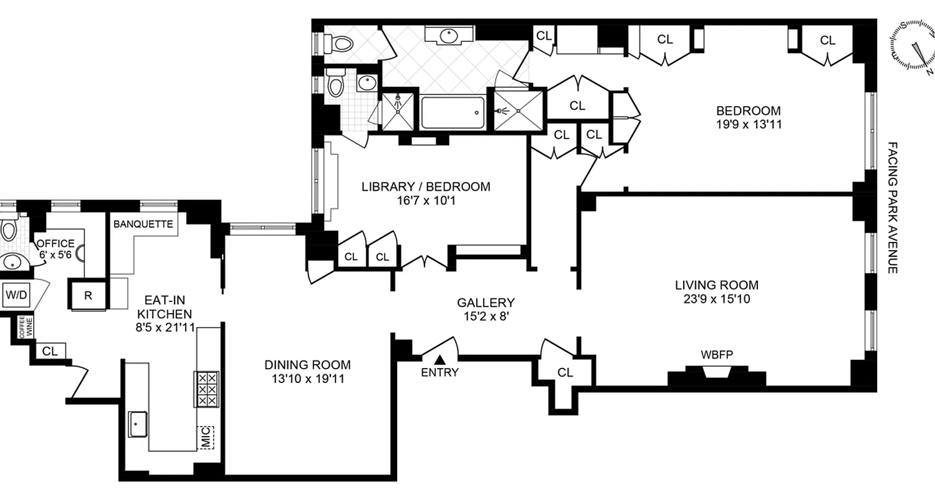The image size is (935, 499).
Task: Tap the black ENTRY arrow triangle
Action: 440,359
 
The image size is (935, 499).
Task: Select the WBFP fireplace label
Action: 716,355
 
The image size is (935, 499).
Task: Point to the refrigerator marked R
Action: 88,296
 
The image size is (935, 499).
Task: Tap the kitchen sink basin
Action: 138,424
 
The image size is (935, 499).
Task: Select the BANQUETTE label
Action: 143,225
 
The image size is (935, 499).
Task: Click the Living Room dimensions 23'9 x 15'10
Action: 717,299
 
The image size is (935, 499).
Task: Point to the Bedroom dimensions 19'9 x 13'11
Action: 748,124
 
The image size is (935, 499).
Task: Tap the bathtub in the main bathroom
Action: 453,113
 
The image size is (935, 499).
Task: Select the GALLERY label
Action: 486,303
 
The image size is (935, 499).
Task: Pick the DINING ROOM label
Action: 307,365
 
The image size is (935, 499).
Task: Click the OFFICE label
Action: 55,244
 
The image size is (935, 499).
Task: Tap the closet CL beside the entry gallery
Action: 565,372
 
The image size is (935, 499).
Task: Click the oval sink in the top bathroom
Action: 449,36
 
